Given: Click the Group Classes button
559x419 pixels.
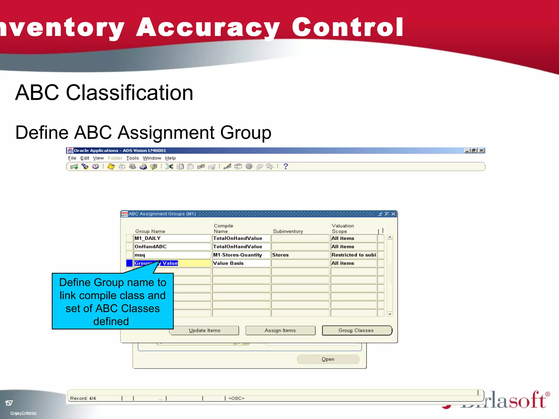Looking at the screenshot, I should tap(357, 330).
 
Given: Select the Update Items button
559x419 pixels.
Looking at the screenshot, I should tap(204, 330).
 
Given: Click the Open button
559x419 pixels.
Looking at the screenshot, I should tap(328, 359).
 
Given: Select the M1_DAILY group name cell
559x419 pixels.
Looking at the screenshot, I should tap(172, 238).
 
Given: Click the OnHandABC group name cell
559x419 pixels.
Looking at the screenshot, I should tap(172, 247).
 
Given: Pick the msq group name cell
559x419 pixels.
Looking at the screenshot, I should tap(172, 255).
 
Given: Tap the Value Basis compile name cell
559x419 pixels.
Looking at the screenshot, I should tap(241, 263).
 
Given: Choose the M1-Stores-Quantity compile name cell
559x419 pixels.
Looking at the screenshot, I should tap(241, 255).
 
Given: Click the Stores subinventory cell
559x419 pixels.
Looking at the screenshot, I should tap(300, 255).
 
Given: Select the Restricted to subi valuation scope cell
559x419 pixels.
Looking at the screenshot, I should tap(353, 255).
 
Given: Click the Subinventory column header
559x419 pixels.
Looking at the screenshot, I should tap(288, 231).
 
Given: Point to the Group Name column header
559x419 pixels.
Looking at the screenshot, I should tap(150, 231).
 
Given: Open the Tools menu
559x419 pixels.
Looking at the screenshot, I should tap(132, 158).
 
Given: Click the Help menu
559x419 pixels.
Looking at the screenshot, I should tap(170, 158).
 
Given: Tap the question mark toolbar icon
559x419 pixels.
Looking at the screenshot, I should tap(286, 166).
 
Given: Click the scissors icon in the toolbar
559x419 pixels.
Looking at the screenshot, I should tap(169, 166).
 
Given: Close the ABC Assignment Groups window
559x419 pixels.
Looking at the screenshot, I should tap(393, 214).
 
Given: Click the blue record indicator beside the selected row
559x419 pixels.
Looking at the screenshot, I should tap(129, 263).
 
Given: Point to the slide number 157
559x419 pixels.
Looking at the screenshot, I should tap(9, 403).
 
